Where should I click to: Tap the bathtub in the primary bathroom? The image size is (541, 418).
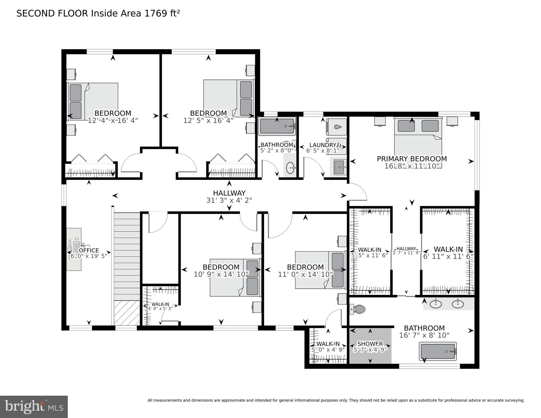438,351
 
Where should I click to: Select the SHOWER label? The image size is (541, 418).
370,344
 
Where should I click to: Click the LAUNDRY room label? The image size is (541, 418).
323,145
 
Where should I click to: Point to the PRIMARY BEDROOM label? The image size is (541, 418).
412,159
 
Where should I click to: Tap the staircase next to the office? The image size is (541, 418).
127,256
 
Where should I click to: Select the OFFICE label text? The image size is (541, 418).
89,251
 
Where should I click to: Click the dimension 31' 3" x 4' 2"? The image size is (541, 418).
229,200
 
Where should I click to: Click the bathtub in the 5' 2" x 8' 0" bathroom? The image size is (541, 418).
277,126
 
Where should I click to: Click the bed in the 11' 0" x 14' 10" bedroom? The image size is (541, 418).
320,270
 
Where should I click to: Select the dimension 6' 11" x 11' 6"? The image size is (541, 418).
448,257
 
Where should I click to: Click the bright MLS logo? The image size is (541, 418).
34,407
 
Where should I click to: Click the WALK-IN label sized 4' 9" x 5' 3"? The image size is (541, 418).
160,304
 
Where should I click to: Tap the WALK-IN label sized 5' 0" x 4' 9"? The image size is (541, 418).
328,344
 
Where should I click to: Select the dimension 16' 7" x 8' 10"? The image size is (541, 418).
424,335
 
